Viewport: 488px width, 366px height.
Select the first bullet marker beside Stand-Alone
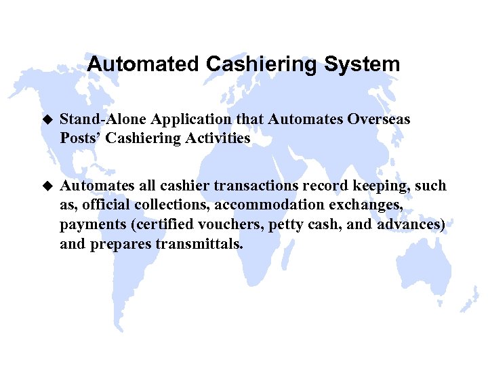47,119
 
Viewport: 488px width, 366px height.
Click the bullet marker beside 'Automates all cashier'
47,186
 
